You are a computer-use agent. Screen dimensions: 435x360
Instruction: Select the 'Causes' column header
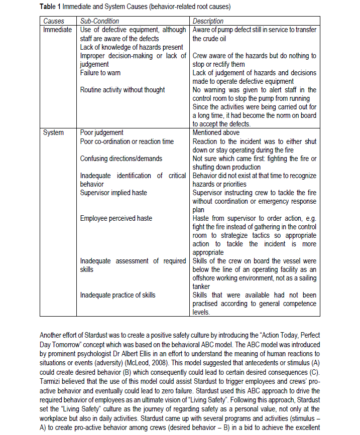[54, 21]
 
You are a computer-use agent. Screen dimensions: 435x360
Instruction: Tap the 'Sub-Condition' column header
[100, 21]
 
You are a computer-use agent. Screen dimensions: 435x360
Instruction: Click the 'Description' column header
[208, 21]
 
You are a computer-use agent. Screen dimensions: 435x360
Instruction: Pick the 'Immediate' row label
[58, 30]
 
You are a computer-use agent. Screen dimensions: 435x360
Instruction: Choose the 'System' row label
[54, 132]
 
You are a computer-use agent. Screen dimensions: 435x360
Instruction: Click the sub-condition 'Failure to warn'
[100, 73]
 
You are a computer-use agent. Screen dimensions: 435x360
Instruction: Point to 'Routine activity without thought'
[123, 90]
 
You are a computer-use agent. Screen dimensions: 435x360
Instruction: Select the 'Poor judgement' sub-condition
[102, 132]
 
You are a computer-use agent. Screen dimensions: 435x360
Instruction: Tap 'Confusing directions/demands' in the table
[122, 159]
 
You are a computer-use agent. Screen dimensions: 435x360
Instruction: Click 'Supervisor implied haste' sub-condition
[114, 193]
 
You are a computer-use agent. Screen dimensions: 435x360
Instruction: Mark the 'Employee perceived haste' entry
[116, 218]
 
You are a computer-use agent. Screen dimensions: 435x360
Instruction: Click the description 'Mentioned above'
[216, 132]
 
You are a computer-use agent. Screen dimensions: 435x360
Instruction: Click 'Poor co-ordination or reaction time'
[127, 141]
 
